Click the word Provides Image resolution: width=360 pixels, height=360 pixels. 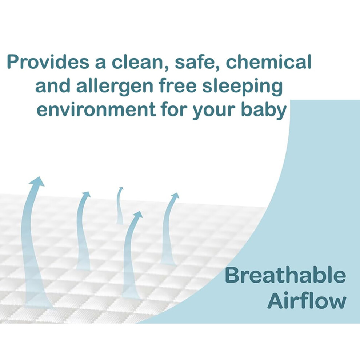48,61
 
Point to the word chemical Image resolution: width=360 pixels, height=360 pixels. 269,61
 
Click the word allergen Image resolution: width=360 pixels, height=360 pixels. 115,86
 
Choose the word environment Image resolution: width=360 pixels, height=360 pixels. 96,109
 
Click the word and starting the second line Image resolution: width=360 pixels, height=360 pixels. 53,85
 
